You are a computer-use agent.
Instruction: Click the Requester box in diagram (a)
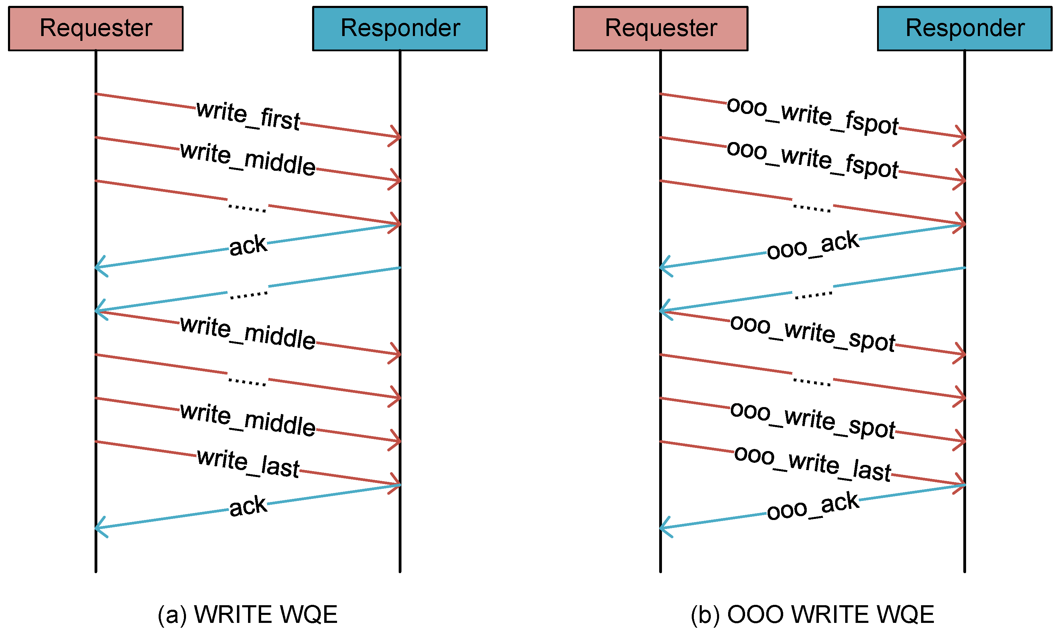click(96, 29)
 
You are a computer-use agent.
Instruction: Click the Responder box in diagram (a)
click(400, 29)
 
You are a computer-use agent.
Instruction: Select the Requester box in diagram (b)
click(660, 29)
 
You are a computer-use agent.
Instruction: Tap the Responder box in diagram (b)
click(964, 29)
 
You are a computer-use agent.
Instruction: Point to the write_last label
click(248, 464)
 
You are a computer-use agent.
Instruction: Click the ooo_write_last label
click(812, 464)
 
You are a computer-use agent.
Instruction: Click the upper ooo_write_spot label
click(812, 333)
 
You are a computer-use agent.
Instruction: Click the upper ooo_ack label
click(812, 246)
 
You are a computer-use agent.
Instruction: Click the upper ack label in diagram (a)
click(248, 246)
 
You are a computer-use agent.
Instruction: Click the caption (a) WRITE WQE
click(247, 615)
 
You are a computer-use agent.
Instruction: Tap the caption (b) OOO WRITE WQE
click(812, 615)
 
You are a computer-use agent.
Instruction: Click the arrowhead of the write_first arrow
click(398, 137)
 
